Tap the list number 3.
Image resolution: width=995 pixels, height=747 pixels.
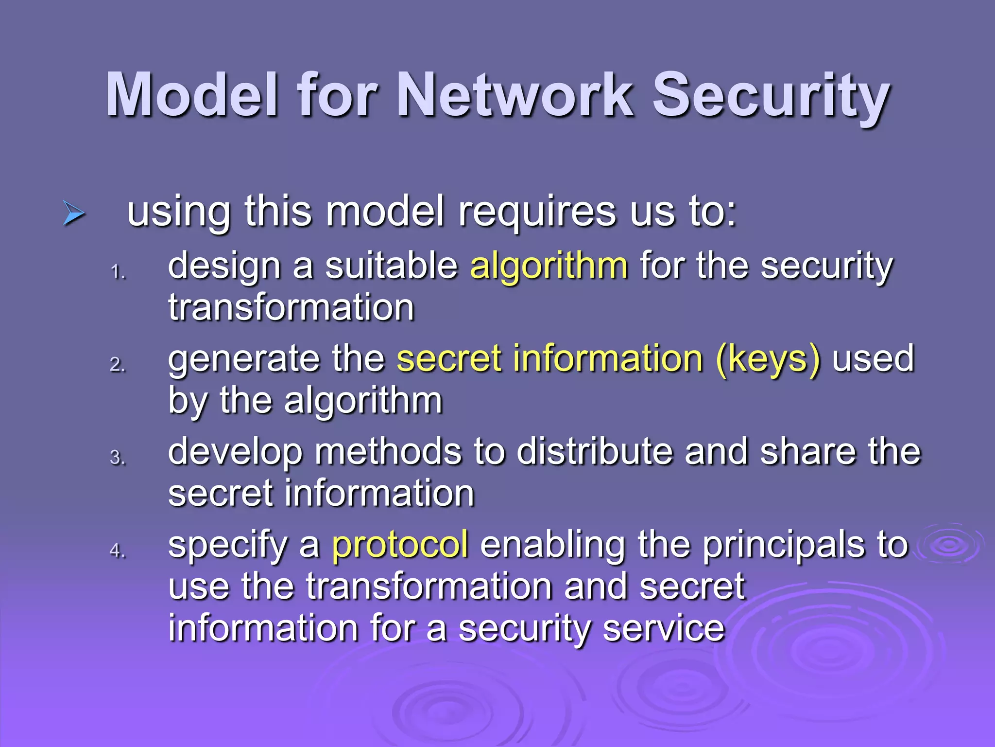click(117, 458)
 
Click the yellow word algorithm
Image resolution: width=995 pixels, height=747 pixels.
click(549, 267)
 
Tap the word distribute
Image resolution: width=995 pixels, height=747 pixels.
click(595, 451)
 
